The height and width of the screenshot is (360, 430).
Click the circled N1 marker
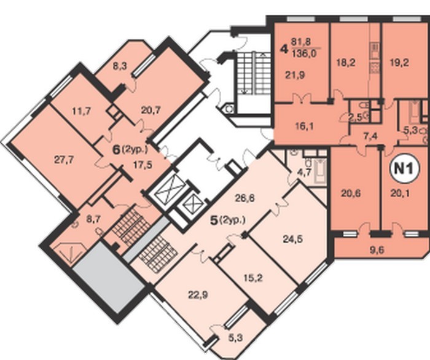[404, 169]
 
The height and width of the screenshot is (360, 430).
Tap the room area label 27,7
[64, 160]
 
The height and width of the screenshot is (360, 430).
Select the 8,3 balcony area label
[120, 66]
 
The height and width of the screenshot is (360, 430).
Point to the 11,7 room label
[82, 111]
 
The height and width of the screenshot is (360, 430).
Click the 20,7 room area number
[150, 110]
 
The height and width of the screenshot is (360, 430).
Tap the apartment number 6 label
[117, 151]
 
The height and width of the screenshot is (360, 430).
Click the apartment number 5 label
[213, 221]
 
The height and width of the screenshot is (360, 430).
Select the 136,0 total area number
[304, 53]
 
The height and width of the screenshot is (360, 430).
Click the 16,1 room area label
[305, 127]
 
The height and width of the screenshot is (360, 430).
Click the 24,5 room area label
[292, 239]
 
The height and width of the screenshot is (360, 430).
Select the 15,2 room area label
[253, 278]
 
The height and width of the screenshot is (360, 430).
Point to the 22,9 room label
[198, 295]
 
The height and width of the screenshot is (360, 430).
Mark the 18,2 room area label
[346, 63]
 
